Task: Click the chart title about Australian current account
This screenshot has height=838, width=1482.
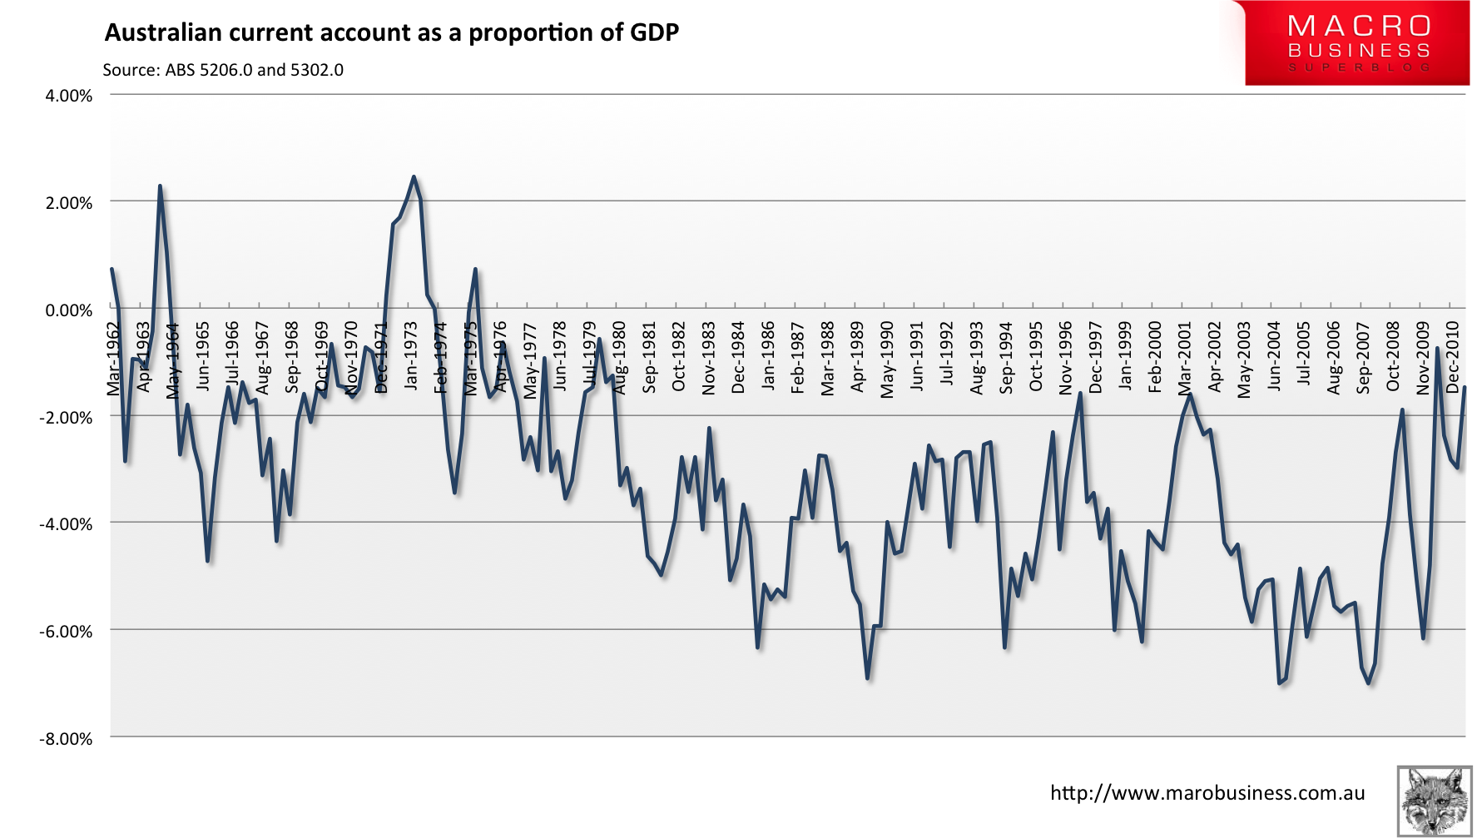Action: click(x=391, y=32)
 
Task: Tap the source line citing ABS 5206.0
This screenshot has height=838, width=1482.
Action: click(x=223, y=70)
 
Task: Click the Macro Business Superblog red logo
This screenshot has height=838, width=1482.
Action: click(x=1357, y=43)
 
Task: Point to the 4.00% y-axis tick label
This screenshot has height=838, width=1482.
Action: click(x=68, y=96)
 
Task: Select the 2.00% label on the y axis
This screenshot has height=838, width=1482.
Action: click(x=68, y=203)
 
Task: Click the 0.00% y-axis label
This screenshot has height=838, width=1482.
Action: click(x=68, y=310)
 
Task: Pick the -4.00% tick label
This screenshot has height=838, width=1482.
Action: click(x=66, y=524)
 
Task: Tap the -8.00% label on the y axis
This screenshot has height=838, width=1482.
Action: click(x=66, y=739)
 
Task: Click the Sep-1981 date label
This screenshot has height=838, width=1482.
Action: click(x=650, y=357)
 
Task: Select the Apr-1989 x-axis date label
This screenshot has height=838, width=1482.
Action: click(x=858, y=357)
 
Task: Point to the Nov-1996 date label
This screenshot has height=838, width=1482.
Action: click(x=1066, y=357)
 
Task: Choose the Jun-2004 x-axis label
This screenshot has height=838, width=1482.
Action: click(x=1274, y=357)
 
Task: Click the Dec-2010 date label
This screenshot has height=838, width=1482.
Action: click(x=1453, y=357)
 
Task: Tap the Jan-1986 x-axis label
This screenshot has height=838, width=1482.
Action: click(x=768, y=357)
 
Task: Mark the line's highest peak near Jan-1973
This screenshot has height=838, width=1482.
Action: click(x=414, y=176)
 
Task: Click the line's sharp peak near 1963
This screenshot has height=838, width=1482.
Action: click(x=160, y=186)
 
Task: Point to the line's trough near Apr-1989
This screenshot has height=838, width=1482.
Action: click(x=867, y=678)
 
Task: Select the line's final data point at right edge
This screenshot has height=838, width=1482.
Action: click(x=1465, y=387)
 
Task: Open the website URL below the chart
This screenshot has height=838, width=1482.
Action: click(x=1207, y=793)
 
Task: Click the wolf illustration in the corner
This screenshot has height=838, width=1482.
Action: click(x=1434, y=801)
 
